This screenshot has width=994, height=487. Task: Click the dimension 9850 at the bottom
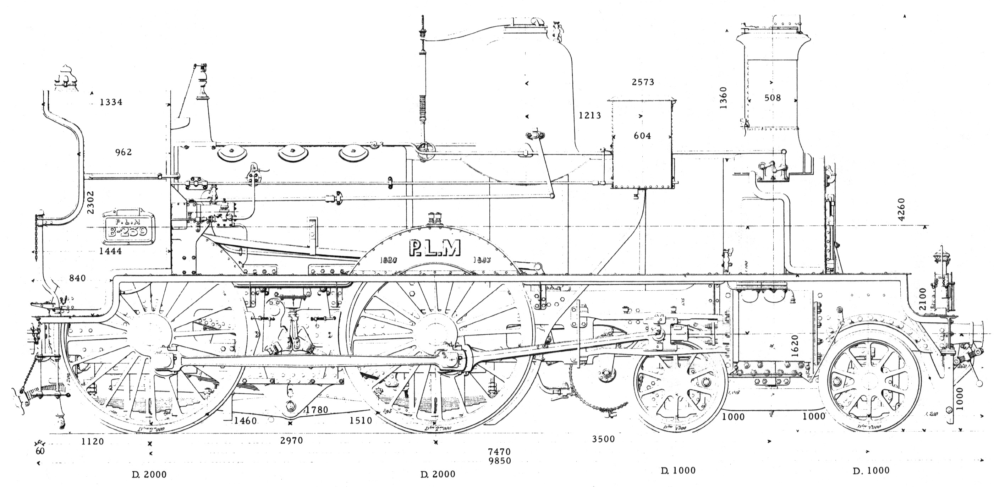point(499,461)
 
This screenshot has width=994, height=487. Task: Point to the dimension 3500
point(604,439)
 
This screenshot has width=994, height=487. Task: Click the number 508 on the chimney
point(773,98)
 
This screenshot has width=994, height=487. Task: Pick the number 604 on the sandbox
point(642,136)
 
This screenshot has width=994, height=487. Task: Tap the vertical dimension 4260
point(901,210)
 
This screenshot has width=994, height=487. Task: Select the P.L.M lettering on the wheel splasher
point(434,248)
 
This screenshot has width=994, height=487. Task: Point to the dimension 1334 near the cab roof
point(111,102)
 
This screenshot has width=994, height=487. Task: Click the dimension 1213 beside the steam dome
point(589,115)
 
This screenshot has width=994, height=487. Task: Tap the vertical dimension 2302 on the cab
point(91,203)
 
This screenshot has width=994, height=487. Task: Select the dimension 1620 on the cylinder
point(794,345)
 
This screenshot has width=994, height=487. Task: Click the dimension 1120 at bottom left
point(93,442)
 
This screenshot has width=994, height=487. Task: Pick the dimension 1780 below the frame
point(317,410)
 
